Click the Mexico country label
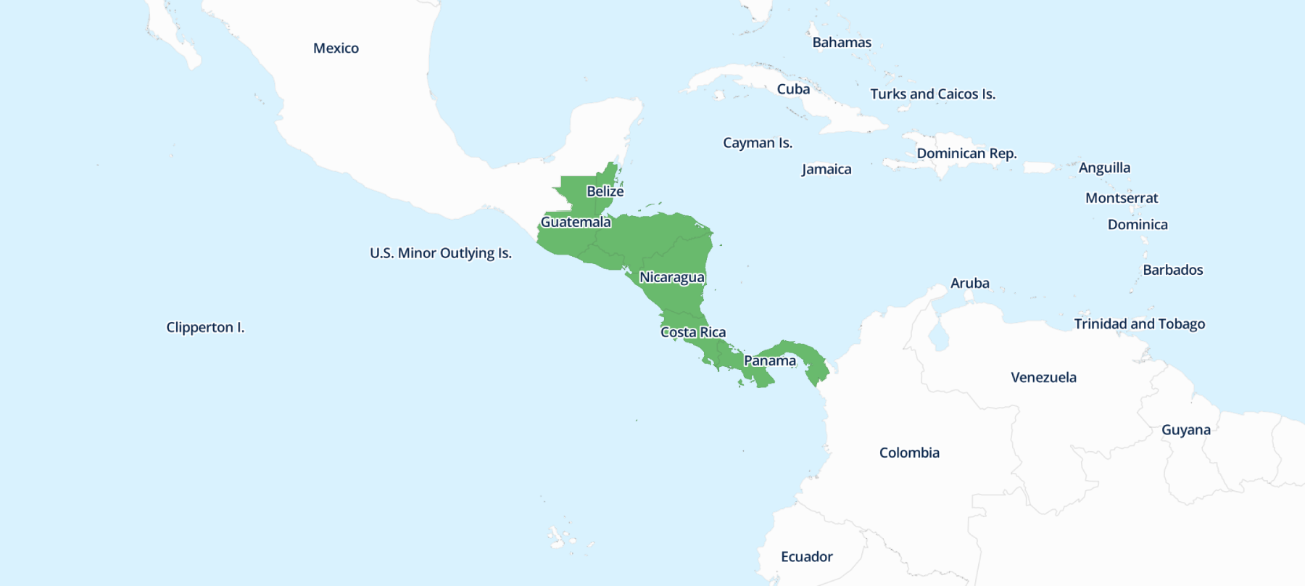click(336, 49)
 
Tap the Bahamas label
click(842, 43)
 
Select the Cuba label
click(793, 89)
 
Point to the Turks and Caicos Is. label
click(932, 94)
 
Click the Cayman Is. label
click(757, 143)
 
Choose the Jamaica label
click(826, 170)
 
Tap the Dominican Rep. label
click(966, 154)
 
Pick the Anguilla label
click(1104, 168)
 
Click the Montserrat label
click(1122, 198)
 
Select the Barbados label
click(1172, 271)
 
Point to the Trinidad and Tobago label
click(1139, 324)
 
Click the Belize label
click(605, 191)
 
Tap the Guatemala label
click(576, 222)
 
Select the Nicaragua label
click(671, 278)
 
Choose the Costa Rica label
click(692, 332)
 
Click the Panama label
click(769, 361)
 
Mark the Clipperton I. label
click(205, 328)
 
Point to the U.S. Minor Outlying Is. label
click(440, 253)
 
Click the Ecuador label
click(806, 557)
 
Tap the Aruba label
click(969, 284)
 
